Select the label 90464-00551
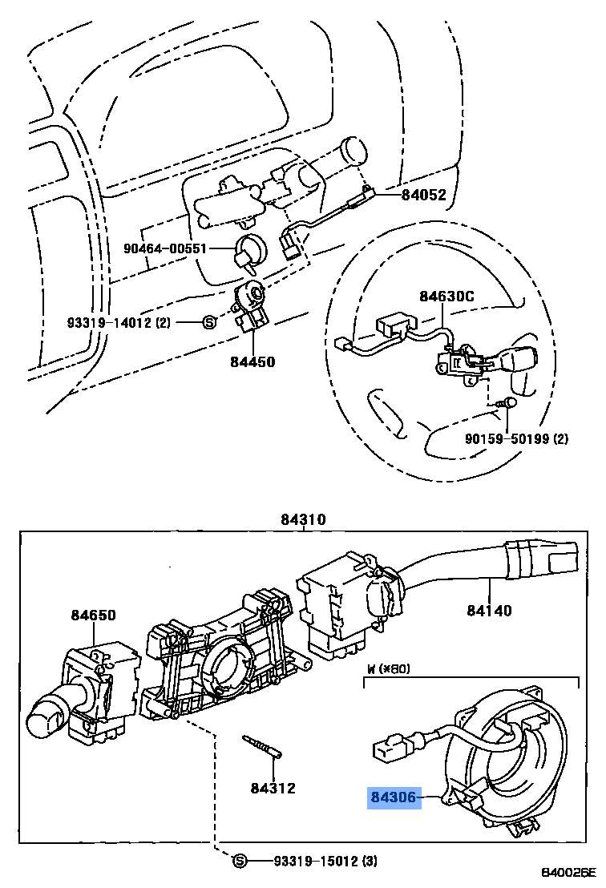click(x=164, y=249)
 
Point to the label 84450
click(x=252, y=361)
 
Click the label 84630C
click(x=446, y=297)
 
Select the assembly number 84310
click(x=303, y=519)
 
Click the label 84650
click(x=92, y=616)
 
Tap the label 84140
click(x=490, y=611)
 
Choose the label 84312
click(x=273, y=788)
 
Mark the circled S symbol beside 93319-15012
click(x=238, y=861)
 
